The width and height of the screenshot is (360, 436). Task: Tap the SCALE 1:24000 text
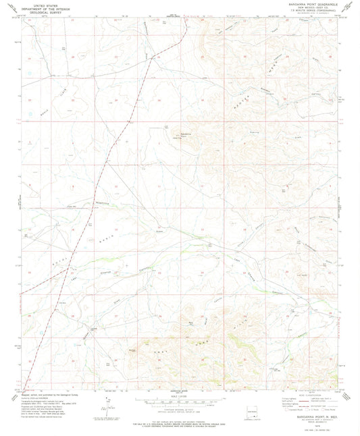(180, 398)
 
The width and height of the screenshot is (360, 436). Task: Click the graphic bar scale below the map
(180, 403)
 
